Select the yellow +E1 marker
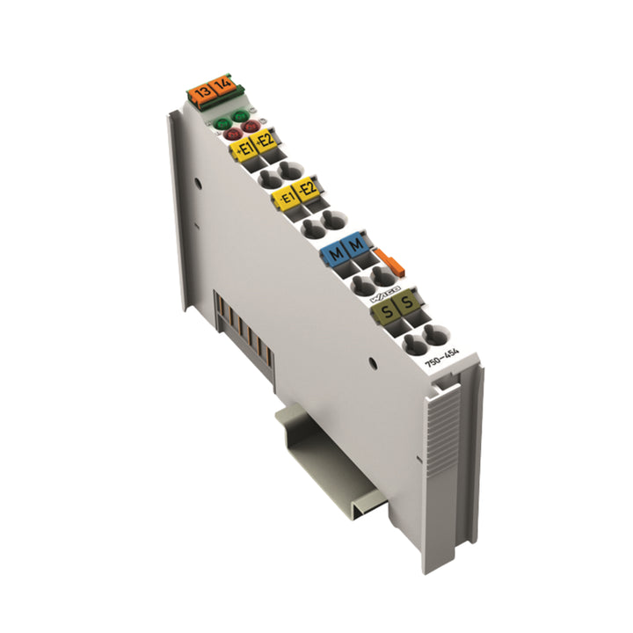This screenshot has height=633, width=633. point(243,151)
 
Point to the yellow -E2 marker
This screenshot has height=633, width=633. point(307,189)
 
